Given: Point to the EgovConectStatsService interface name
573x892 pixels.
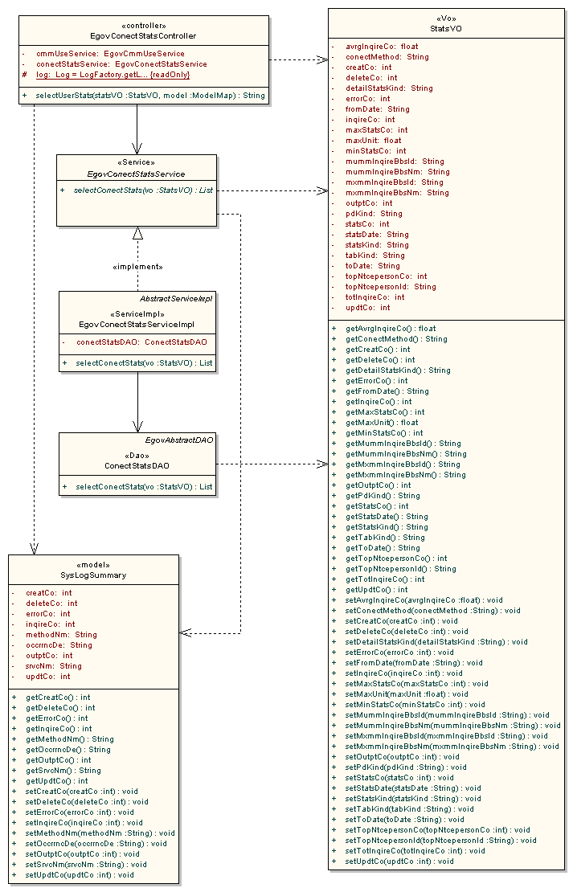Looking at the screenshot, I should pyautogui.click(x=136, y=174).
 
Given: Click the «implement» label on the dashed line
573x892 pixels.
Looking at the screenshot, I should pyautogui.click(x=137, y=266).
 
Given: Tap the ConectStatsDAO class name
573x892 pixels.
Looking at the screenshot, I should pyautogui.click(x=137, y=465).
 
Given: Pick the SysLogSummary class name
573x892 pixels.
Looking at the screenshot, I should pyautogui.click(x=93, y=575).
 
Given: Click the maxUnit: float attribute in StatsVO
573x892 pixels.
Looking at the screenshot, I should pyautogui.click(x=374, y=141).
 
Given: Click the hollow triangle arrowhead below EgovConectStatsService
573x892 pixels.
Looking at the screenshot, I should pyautogui.click(x=137, y=232).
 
